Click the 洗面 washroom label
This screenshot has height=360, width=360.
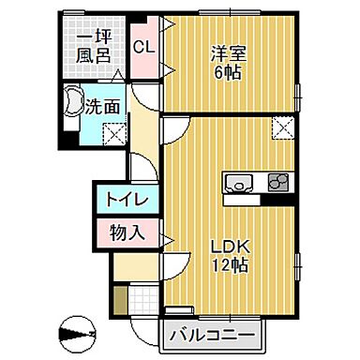point(102,107)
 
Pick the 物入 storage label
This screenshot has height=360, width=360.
point(126,232)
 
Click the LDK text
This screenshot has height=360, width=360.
point(228,247)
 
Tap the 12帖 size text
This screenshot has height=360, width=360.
point(228,266)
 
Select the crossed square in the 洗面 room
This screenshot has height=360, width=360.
point(113,135)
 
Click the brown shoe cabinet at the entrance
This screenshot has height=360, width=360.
point(120,297)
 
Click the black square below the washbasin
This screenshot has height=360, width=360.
point(66,141)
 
